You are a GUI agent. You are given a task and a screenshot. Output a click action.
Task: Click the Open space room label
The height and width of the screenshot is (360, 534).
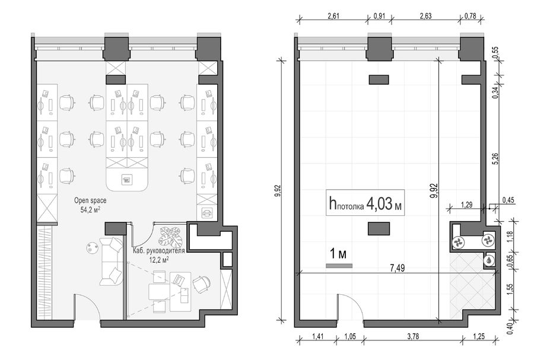[x=90, y=200]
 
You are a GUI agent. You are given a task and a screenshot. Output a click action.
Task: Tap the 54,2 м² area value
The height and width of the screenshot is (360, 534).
[x=90, y=209]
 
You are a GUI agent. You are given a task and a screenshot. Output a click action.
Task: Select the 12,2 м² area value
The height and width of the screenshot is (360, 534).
[x=160, y=260]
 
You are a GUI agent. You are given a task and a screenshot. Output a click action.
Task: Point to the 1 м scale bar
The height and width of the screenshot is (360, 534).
[x=339, y=266]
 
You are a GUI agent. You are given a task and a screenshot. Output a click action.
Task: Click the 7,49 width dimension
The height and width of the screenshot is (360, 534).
[x=398, y=268]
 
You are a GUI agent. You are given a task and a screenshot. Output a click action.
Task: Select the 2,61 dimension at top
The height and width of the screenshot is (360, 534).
[x=333, y=16]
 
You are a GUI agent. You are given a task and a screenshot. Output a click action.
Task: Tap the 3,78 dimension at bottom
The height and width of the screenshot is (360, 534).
[x=413, y=336]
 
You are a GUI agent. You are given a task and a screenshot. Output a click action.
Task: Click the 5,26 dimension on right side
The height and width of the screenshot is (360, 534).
[x=495, y=158]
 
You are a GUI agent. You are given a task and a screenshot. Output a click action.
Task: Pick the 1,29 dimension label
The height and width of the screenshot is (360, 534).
[x=466, y=205]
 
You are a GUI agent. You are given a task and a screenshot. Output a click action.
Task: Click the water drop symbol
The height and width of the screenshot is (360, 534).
[x=490, y=260]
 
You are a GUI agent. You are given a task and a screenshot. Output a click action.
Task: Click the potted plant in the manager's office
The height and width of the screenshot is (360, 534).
[x=171, y=237]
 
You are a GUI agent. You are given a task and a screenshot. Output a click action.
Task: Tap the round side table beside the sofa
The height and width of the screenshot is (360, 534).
[x=91, y=247]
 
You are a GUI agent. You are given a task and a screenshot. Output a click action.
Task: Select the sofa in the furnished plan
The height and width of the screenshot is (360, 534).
[x=111, y=262]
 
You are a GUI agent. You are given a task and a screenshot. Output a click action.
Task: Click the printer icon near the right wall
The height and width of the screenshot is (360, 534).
[x=206, y=214]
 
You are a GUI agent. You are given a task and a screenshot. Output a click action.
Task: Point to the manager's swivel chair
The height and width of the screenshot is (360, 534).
[x=202, y=284]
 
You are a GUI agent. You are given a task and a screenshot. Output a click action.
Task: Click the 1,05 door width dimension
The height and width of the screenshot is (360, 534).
[x=350, y=336]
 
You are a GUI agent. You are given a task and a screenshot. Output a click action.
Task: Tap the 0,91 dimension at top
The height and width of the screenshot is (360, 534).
[x=379, y=16]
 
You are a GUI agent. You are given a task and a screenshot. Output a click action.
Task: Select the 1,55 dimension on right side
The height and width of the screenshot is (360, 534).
[x=510, y=289]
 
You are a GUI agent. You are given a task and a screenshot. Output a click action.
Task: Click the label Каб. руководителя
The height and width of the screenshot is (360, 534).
[x=158, y=251]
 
